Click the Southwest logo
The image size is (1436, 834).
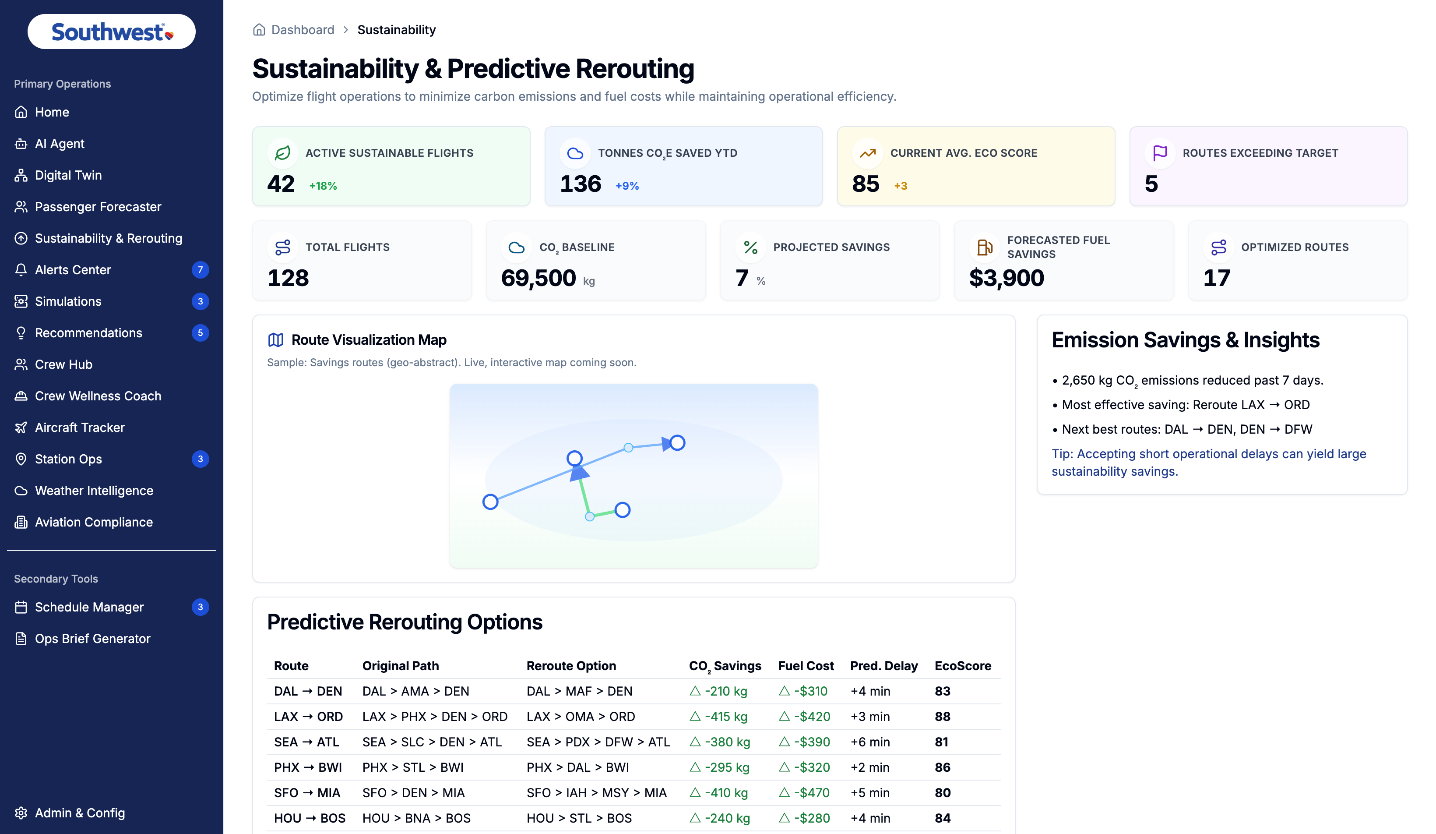(112, 32)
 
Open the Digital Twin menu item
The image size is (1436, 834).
(68, 175)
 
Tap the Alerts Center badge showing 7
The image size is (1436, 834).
(200, 270)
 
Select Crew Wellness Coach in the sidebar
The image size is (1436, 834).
(98, 396)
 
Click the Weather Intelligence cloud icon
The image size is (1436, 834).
(21, 491)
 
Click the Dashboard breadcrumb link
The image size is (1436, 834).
(303, 30)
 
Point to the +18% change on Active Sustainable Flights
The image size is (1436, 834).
(323, 186)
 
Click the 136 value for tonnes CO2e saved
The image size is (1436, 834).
(580, 184)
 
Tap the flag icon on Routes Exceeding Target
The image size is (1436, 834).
(1160, 153)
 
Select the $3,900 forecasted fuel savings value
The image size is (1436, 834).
(1007, 278)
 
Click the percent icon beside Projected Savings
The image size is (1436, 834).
(750, 247)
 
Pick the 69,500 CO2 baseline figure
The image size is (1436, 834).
(538, 278)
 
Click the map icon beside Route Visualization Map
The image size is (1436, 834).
(276, 340)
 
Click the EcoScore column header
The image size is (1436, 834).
(962, 666)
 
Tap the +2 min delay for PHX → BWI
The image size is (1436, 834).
(869, 767)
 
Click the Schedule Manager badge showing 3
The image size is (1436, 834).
(200, 607)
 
